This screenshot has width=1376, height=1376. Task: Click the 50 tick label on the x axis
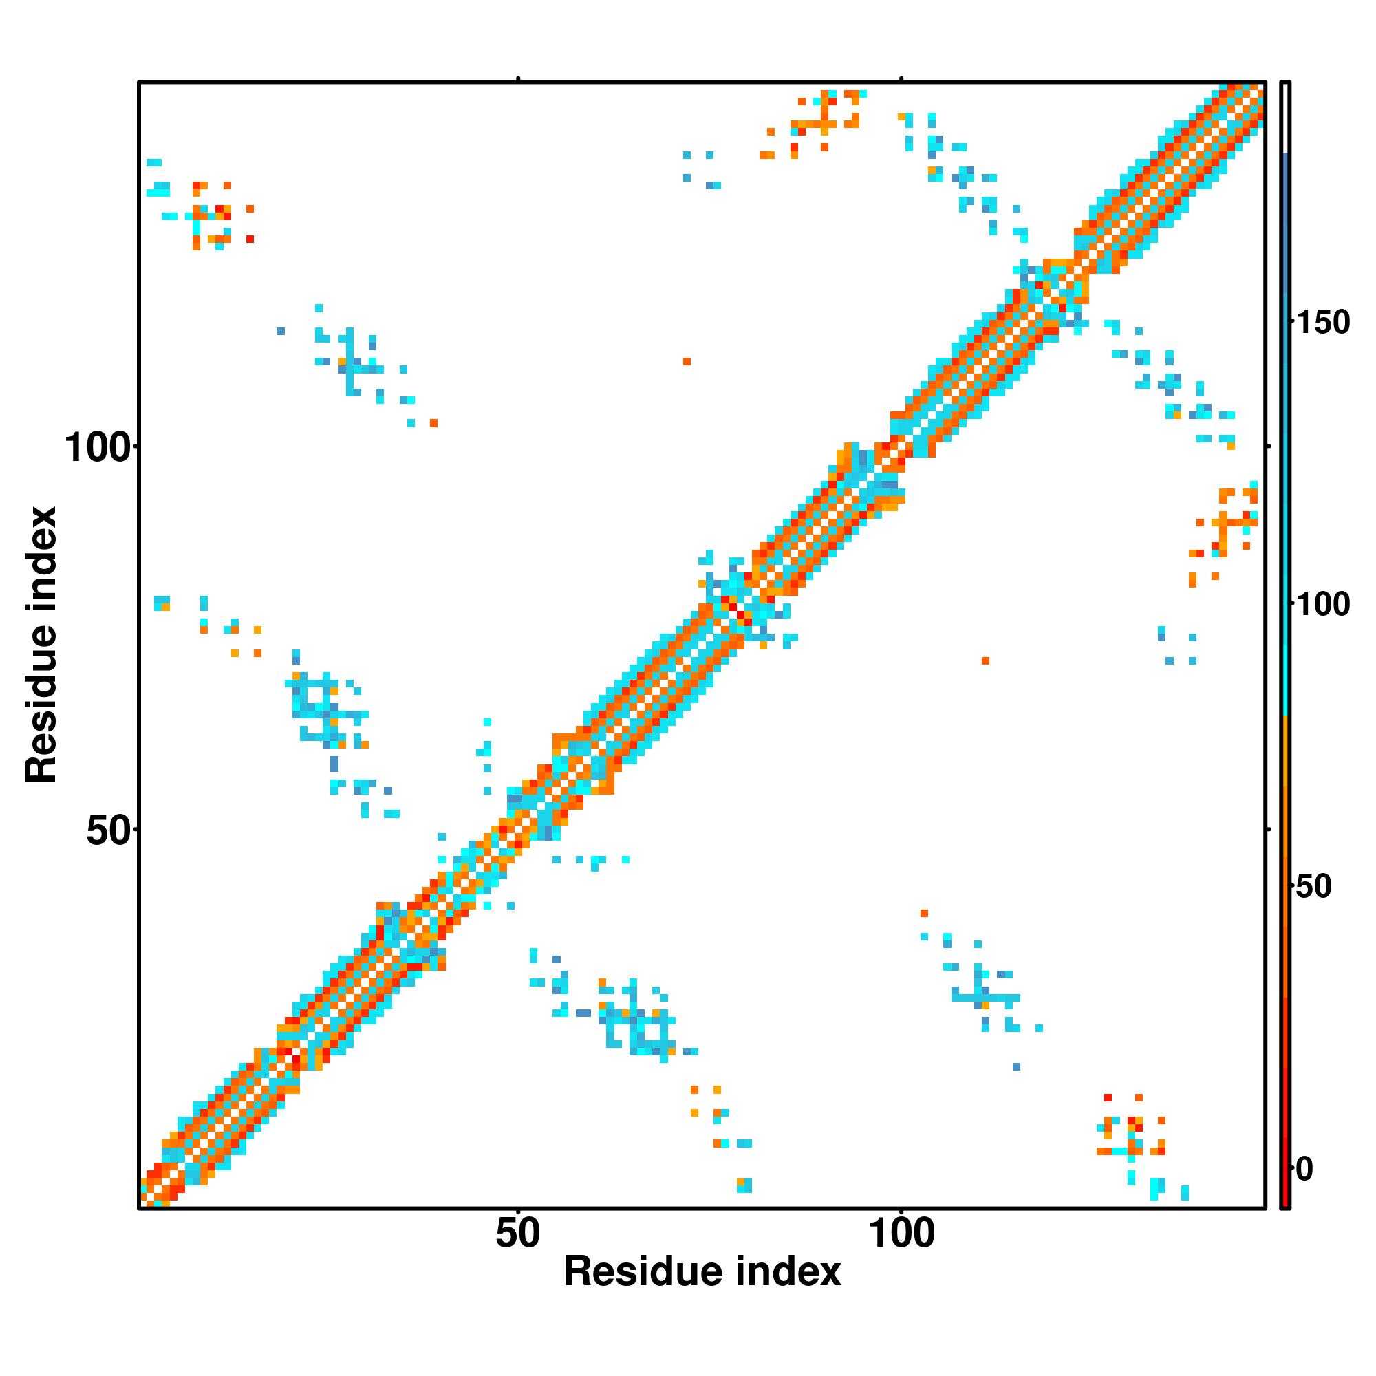518,1234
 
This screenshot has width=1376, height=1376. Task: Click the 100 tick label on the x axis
902,1234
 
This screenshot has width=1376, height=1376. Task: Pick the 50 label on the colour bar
1313,887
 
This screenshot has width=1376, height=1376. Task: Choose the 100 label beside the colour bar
1323,605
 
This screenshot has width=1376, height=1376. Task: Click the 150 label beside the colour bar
1323,323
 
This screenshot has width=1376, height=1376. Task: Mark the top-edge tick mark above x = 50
519,79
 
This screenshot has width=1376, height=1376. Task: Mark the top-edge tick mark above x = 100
902,79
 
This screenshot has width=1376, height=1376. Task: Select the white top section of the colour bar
1286,118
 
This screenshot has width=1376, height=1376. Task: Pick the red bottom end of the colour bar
1286,1196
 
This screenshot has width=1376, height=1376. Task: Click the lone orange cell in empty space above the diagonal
687,362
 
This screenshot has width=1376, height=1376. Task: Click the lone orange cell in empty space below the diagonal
986,661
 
